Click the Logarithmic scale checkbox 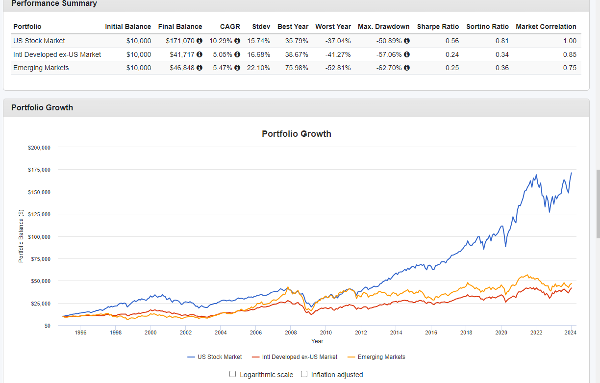pos(233,374)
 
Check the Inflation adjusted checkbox pos(304,374)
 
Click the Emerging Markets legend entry pos(381,357)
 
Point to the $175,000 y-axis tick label pos(39,170)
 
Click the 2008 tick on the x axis pos(291,332)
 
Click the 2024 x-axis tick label pos(571,332)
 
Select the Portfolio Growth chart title pos(297,134)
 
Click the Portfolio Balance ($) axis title pos(21,236)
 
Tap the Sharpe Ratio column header pos(438,26)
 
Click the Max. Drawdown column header pos(383,26)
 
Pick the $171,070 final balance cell pos(180,41)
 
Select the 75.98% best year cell pos(297,68)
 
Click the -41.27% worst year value pos(338,54)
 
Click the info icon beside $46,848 pos(200,68)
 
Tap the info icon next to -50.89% pos(407,41)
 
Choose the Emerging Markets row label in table pos(41,68)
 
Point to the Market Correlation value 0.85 pos(570,54)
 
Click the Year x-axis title pos(317,341)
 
